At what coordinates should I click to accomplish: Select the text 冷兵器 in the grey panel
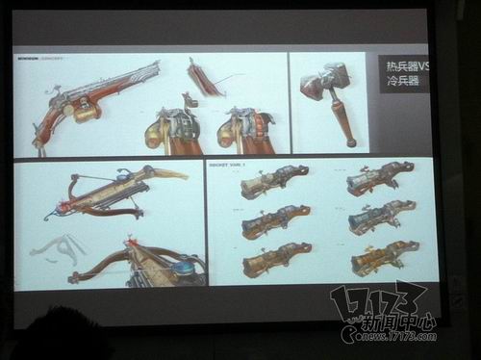(396, 83)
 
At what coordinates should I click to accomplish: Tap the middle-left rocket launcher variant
(275, 221)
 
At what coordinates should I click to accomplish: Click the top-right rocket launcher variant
(380, 178)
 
